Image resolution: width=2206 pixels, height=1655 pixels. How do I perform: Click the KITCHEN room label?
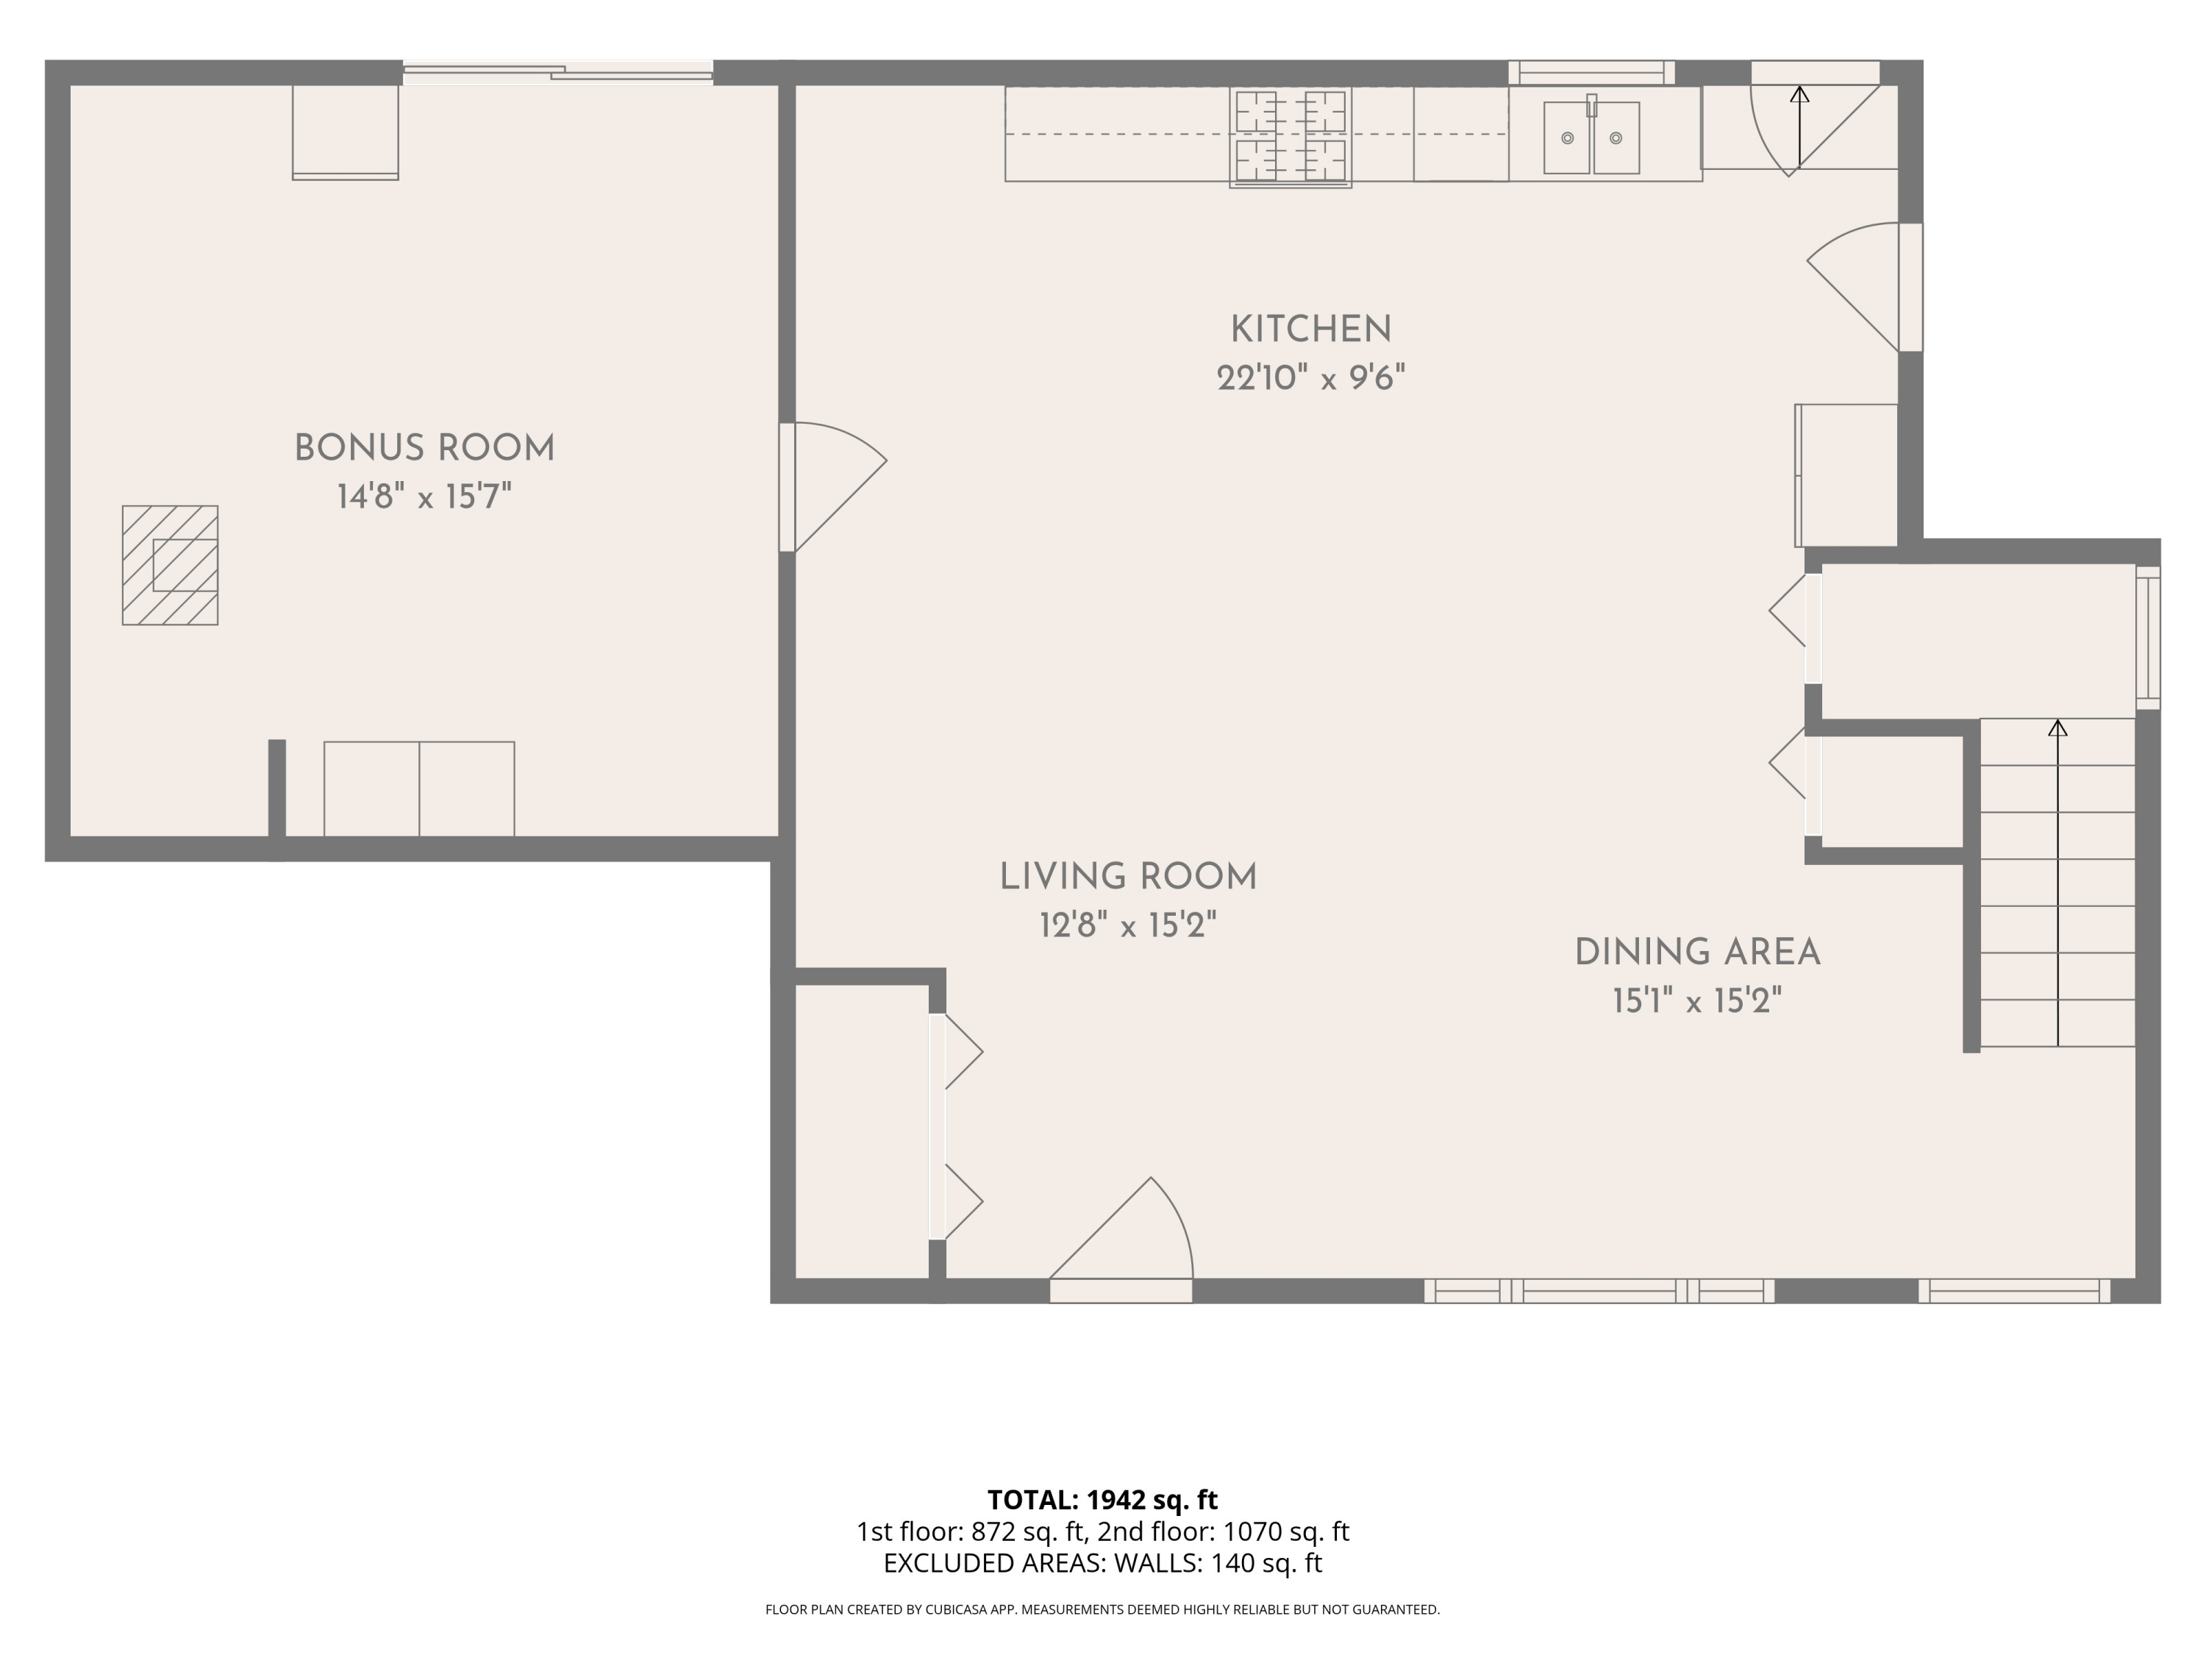pyautogui.click(x=1310, y=330)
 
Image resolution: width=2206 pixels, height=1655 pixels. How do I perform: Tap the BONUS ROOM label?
pyautogui.click(x=425, y=448)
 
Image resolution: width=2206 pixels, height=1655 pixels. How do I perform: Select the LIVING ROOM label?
pyautogui.click(x=1128, y=877)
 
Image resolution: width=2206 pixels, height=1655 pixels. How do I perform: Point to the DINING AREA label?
pyautogui.click(x=1697, y=952)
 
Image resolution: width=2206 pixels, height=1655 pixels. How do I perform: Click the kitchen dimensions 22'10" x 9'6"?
pyautogui.click(x=1310, y=378)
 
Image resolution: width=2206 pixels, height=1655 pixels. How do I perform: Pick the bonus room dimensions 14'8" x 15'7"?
pyautogui.click(x=425, y=496)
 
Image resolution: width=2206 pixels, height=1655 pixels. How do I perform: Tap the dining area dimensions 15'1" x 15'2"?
pyautogui.click(x=1697, y=1000)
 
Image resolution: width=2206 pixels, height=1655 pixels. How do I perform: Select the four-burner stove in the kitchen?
pyautogui.click(x=1291, y=138)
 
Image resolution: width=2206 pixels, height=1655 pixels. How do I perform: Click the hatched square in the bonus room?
pyautogui.click(x=171, y=566)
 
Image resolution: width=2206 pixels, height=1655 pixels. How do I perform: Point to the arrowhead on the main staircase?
pyautogui.click(x=2057, y=727)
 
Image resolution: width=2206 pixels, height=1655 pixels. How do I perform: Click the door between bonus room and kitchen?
pyautogui.click(x=832, y=487)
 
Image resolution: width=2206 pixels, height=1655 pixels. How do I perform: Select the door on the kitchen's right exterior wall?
pyautogui.click(x=1864, y=288)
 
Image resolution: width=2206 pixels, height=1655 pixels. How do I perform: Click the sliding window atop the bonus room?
pyautogui.click(x=557, y=72)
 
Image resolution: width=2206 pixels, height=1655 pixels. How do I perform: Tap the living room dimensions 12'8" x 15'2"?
pyautogui.click(x=1128, y=925)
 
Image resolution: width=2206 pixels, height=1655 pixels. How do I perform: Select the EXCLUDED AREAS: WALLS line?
pyautogui.click(x=1102, y=1563)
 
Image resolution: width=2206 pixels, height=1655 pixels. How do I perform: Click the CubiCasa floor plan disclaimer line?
pyautogui.click(x=1102, y=1609)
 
